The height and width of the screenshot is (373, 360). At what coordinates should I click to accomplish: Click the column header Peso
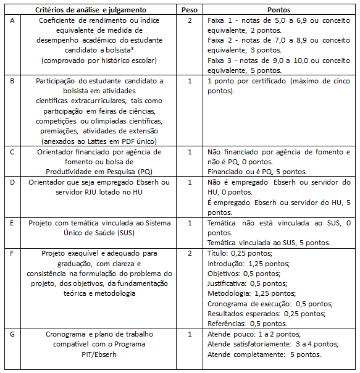190,10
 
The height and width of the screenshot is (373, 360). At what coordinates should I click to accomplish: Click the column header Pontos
279,10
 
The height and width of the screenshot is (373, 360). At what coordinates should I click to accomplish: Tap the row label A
12,20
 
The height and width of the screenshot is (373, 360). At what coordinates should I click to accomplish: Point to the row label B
12,81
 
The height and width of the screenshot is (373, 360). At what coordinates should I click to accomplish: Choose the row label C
12,152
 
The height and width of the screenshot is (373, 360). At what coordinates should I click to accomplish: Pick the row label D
12,182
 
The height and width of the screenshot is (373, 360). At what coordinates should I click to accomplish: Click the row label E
12,223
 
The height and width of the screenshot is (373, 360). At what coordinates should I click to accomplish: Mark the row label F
12,253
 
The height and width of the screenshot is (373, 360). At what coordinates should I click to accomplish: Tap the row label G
12,334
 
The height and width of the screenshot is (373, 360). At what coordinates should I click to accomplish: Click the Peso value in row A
190,20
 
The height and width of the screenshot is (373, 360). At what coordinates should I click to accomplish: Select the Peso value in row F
190,253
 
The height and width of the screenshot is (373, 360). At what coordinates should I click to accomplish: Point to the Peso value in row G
190,334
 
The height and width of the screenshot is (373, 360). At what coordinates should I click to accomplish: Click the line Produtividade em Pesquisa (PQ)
100,172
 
